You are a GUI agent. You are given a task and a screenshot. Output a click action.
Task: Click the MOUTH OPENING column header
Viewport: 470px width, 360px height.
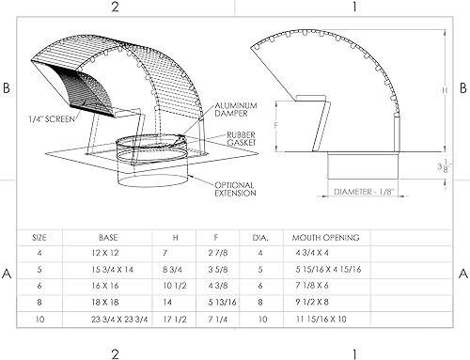(326, 238)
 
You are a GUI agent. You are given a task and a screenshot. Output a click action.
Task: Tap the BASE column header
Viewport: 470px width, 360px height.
(108, 238)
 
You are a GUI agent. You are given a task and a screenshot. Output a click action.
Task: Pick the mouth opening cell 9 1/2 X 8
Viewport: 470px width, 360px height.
(320, 304)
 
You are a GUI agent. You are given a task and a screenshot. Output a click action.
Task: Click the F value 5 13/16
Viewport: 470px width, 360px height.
(219, 304)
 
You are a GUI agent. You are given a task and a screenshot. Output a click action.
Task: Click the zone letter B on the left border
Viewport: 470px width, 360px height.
(8, 87)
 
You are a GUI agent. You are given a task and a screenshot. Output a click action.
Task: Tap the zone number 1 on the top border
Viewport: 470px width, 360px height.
(354, 7)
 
